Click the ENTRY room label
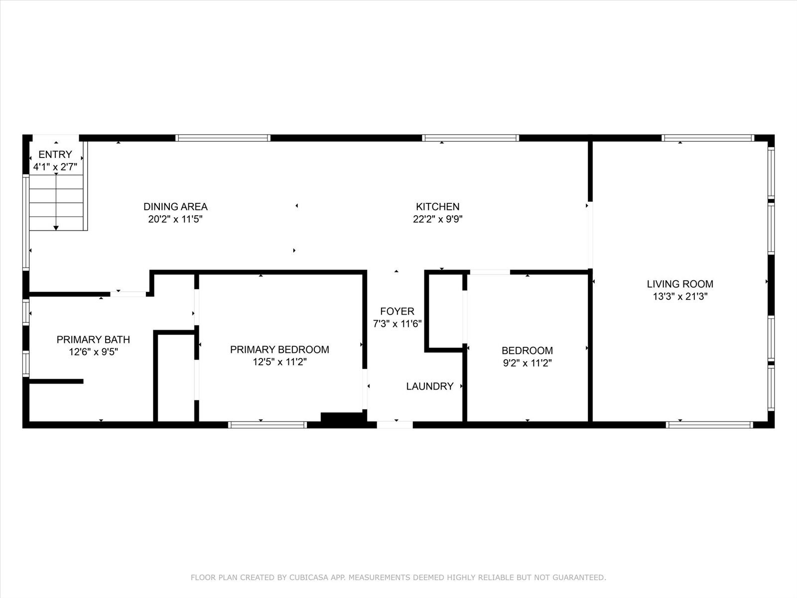point(55,154)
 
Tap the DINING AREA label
point(175,207)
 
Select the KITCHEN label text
point(437,207)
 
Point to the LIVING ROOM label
point(680,284)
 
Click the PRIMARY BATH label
point(93,339)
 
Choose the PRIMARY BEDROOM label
point(279,349)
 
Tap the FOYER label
point(397,311)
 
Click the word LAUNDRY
point(430,386)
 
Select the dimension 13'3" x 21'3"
point(680,297)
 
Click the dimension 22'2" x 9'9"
point(437,219)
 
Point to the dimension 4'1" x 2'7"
point(55,167)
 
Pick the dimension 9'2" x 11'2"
point(527,363)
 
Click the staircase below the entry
point(56,203)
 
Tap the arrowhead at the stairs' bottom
point(56,228)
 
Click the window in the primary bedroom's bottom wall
point(267,425)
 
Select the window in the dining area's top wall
point(223,138)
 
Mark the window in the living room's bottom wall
point(709,425)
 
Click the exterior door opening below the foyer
point(395,425)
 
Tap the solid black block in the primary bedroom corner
point(342,417)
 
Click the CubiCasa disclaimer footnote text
point(398,577)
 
